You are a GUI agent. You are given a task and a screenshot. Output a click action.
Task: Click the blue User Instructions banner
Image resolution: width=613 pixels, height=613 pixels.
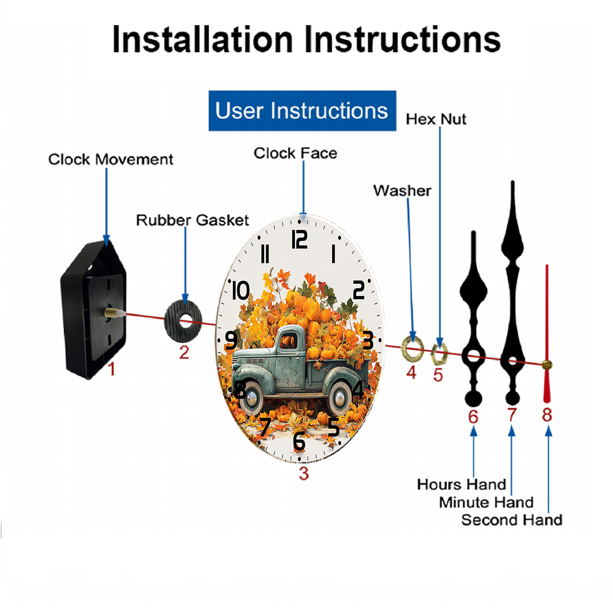[x=302, y=110]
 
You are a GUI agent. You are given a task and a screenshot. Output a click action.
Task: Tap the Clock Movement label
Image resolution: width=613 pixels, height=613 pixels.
[x=110, y=159]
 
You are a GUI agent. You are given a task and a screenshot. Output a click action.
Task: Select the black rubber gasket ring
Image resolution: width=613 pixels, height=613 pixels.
[x=183, y=321]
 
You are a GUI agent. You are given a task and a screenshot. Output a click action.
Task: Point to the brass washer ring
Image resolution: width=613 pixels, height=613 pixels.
[x=413, y=348]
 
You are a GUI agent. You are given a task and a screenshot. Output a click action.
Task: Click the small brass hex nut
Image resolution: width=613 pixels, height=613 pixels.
[x=439, y=354]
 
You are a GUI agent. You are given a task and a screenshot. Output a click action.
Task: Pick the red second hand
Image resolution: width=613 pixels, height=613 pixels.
[x=547, y=333]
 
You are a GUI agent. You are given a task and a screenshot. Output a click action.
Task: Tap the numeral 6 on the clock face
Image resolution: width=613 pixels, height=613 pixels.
[x=299, y=442]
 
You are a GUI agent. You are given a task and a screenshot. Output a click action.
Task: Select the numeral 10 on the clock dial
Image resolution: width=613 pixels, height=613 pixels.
[x=240, y=291]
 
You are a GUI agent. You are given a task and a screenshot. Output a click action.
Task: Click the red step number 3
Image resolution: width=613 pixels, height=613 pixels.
[x=304, y=473]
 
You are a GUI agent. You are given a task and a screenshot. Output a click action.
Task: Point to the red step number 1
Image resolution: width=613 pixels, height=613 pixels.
[x=112, y=369]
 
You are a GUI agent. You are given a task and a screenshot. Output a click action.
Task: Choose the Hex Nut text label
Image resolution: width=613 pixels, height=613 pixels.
[x=436, y=120]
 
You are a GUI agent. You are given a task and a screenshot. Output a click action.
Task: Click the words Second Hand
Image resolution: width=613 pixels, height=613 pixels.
[x=512, y=520]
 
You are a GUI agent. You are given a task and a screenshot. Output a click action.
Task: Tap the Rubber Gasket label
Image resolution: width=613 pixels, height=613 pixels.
[x=192, y=220]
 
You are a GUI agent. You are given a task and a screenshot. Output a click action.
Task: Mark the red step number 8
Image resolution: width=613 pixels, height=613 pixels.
[x=547, y=415]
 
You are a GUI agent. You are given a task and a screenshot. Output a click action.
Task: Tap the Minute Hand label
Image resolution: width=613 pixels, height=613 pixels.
[x=486, y=503]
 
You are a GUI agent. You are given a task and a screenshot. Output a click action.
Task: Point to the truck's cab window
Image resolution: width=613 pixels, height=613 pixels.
[x=288, y=340]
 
